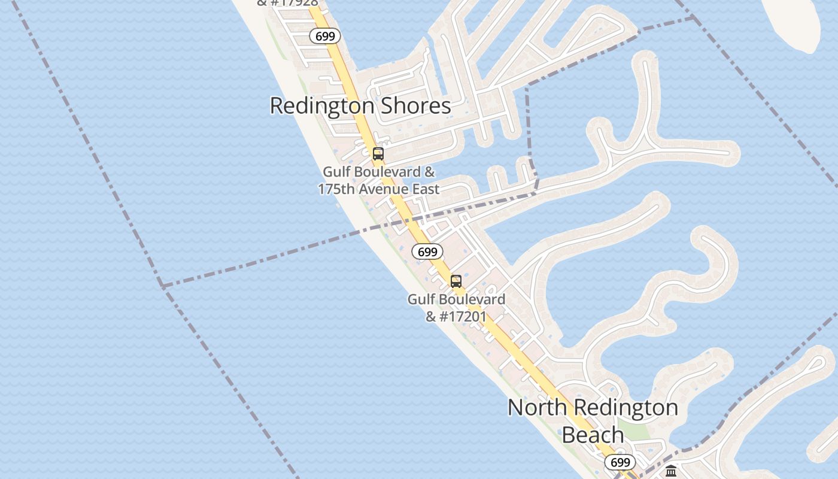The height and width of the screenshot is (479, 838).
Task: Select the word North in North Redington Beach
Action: click(537, 408)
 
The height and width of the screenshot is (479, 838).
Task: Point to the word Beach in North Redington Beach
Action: click(593, 435)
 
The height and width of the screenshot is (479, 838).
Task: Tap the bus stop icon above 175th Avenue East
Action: click(378, 154)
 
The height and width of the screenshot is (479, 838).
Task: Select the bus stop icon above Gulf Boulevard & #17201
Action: click(456, 281)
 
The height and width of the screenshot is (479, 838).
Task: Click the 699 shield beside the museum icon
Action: click(620, 462)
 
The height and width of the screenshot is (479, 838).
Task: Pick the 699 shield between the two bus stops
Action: click(427, 252)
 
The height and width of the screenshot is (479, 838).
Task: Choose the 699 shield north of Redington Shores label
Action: click(325, 37)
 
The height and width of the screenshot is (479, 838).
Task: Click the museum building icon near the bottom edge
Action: click(671, 471)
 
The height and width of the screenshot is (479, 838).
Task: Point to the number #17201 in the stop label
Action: click(463, 316)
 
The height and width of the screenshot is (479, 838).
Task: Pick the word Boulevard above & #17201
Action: click(473, 299)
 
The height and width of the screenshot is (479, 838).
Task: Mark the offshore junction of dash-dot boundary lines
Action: click(162, 286)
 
